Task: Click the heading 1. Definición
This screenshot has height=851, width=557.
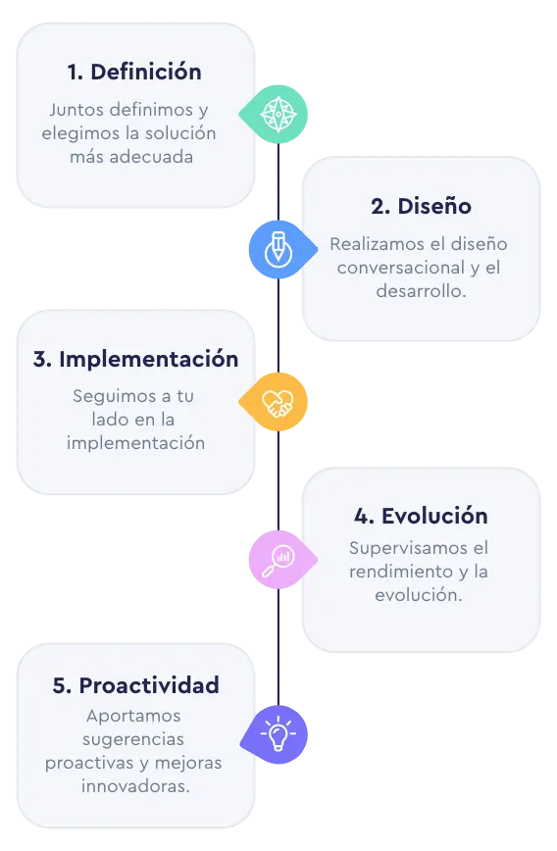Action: (x=134, y=73)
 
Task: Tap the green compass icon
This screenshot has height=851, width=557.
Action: (x=278, y=115)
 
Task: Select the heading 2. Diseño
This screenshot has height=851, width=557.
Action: (x=421, y=206)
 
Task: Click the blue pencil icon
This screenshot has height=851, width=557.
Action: (x=278, y=249)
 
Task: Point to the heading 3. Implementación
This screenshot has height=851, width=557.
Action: (x=135, y=359)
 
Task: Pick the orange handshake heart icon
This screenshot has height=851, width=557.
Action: (x=278, y=403)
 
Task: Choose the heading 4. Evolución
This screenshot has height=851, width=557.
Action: (x=421, y=516)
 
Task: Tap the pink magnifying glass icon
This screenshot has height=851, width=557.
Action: (x=278, y=560)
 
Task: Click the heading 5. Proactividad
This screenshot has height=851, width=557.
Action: (x=135, y=685)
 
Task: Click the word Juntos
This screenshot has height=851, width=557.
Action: (x=76, y=110)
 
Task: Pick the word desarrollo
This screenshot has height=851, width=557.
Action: (x=419, y=291)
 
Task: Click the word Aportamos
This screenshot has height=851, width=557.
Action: (x=133, y=717)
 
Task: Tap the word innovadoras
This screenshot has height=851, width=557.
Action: (x=134, y=786)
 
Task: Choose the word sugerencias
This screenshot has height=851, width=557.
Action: (x=133, y=740)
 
